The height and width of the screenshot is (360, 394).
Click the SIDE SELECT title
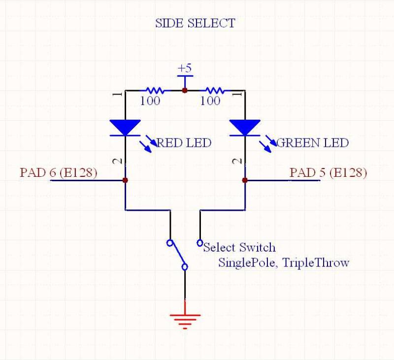pyautogui.click(x=195, y=23)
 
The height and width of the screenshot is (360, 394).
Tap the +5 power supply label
pyautogui.click(x=185, y=67)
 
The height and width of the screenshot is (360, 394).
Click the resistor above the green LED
pyautogui.click(x=214, y=91)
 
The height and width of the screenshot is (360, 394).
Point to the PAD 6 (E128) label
pyautogui.click(x=58, y=173)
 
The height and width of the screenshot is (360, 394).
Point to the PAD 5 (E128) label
pyautogui.click(x=328, y=173)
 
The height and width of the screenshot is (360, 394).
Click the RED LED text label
pyautogui.click(x=184, y=143)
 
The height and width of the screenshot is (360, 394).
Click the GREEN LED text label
pyautogui.click(x=312, y=143)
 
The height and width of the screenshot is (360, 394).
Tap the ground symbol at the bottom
pyautogui.click(x=185, y=320)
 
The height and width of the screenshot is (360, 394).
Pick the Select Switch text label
pyautogui.click(x=239, y=247)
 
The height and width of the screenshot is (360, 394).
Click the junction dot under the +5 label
pyautogui.click(x=185, y=91)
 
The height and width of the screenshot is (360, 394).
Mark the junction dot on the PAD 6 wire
pyautogui.click(x=126, y=181)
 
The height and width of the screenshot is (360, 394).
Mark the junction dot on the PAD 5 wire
pyautogui.click(x=244, y=181)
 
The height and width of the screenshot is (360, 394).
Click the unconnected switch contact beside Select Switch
pyautogui.click(x=200, y=243)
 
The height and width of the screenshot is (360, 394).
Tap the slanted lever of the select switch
pyautogui.click(x=177, y=255)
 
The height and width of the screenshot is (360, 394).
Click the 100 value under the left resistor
pyautogui.click(x=150, y=101)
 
